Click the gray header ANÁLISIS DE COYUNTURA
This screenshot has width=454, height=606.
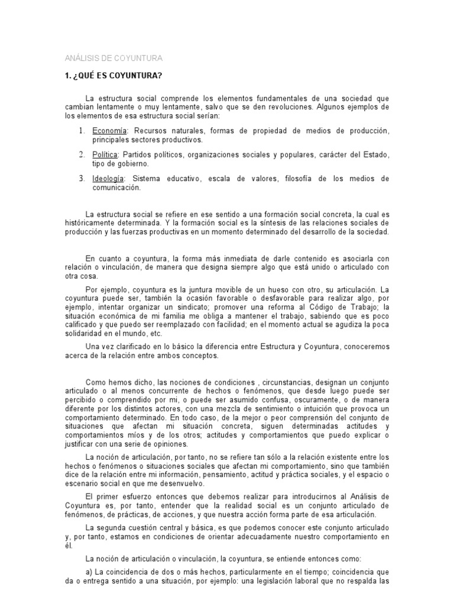(112, 58)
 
